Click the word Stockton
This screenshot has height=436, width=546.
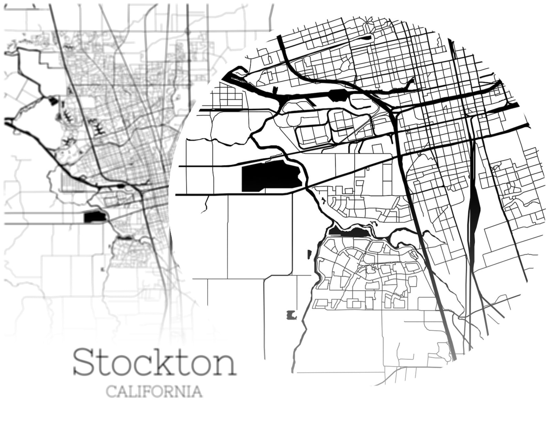click(x=154, y=362)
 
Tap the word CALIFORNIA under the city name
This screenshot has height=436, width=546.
click(x=154, y=391)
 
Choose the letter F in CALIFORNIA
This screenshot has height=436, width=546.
click(x=150, y=391)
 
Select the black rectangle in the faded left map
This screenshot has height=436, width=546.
click(x=95, y=217)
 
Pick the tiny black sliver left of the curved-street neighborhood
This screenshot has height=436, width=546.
click(x=309, y=254)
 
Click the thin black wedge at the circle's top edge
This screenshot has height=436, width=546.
click(x=367, y=37)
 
